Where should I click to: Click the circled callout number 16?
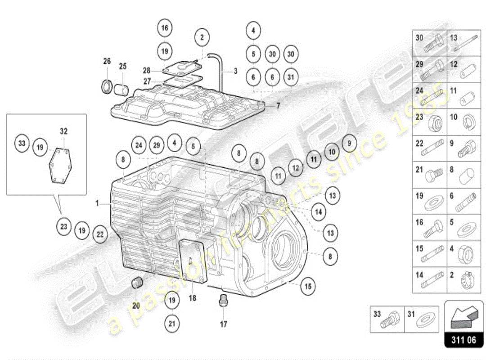(165, 28)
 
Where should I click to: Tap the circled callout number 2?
(202, 37)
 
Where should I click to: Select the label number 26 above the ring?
(107, 61)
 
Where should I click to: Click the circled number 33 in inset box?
(22, 144)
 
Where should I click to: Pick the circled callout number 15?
(308, 285)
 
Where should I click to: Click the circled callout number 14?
(318, 211)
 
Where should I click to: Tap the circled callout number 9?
(348, 144)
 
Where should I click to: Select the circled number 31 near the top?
(291, 77)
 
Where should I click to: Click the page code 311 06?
(463, 340)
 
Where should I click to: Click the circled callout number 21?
(171, 323)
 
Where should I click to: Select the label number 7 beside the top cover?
(278, 106)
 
